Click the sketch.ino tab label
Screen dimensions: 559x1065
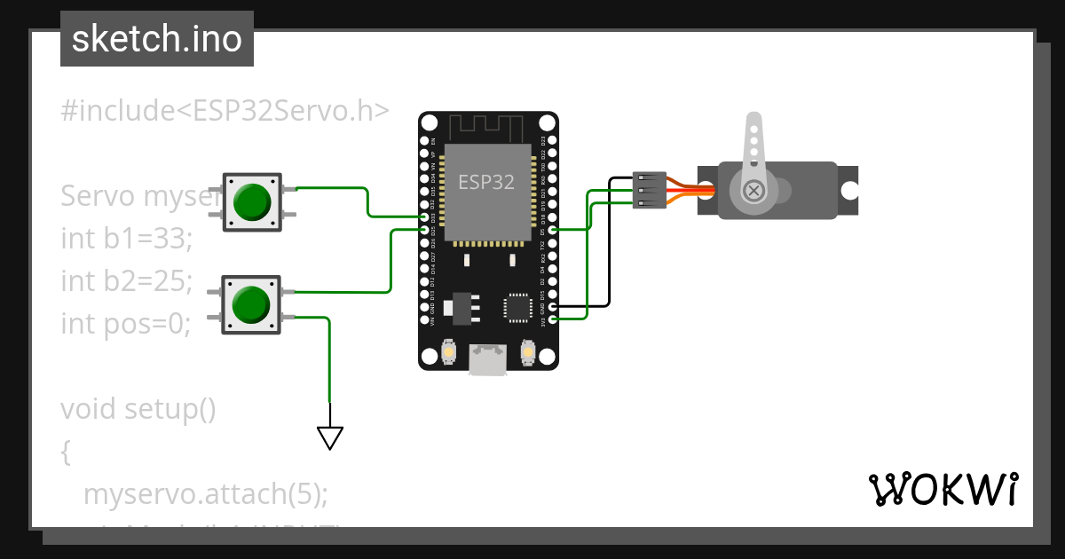click(x=157, y=39)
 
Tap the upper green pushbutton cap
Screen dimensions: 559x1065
click(x=252, y=202)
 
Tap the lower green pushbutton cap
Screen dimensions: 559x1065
click(x=251, y=305)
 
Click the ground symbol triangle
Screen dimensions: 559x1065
click(x=330, y=437)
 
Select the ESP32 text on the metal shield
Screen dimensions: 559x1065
click(x=485, y=182)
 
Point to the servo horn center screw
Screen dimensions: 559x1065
click(x=753, y=190)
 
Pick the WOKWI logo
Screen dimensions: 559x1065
click(x=943, y=489)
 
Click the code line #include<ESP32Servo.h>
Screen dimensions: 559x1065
click(x=225, y=110)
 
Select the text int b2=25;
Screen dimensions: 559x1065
click(x=126, y=281)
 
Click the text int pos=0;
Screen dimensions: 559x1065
click(x=126, y=324)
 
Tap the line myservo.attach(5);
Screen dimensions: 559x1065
click(x=205, y=494)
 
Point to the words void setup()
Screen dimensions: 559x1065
click(x=138, y=409)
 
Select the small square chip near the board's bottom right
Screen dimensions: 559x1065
click(x=517, y=306)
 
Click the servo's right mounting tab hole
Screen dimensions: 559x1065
click(x=849, y=190)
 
